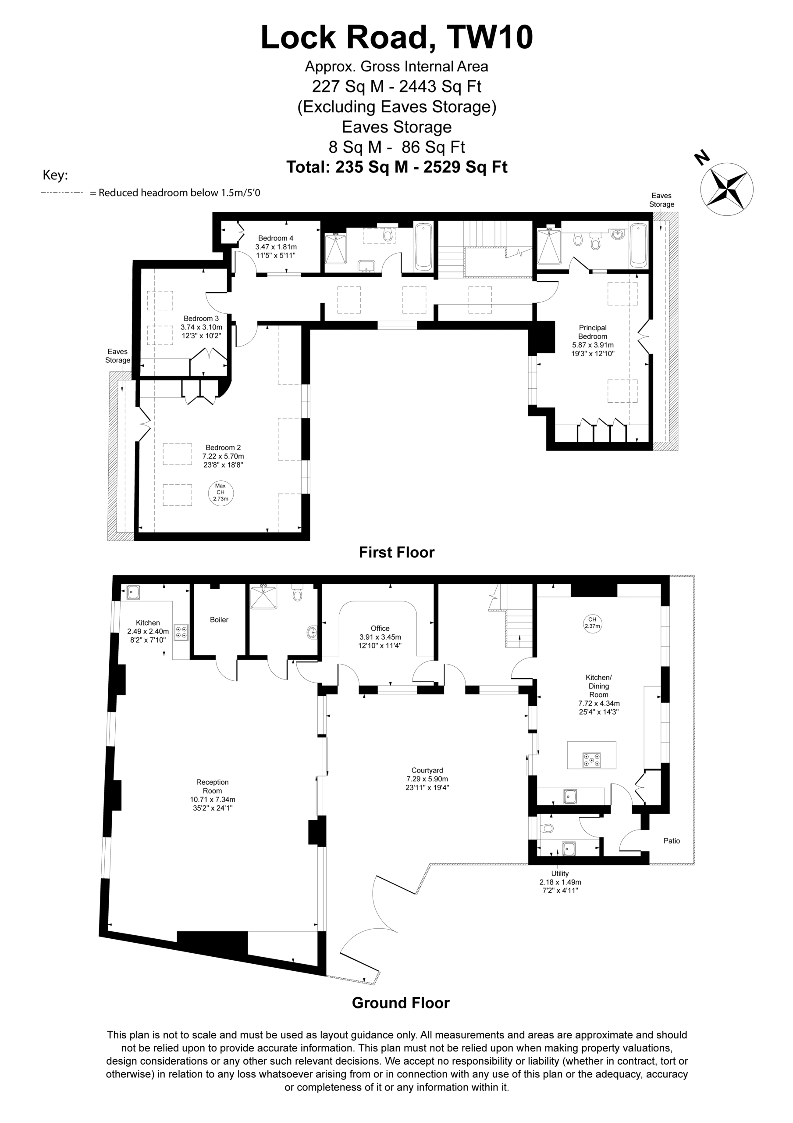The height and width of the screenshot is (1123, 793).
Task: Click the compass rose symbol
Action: click(726, 189)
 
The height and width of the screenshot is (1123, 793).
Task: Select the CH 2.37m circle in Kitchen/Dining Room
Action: click(592, 622)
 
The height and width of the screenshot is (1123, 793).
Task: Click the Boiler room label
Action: click(219, 620)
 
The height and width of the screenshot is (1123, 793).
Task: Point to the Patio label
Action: click(672, 841)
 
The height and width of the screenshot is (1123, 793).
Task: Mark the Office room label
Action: click(380, 629)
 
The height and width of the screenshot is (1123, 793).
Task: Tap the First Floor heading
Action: click(396, 552)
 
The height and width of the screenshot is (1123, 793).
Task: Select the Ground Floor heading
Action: click(400, 1003)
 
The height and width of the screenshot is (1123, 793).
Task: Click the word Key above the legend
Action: click(55, 175)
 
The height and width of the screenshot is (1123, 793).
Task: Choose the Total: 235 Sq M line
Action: click(396, 167)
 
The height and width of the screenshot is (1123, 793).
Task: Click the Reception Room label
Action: click(212, 787)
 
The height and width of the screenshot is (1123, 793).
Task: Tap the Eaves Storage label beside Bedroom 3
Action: click(118, 356)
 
